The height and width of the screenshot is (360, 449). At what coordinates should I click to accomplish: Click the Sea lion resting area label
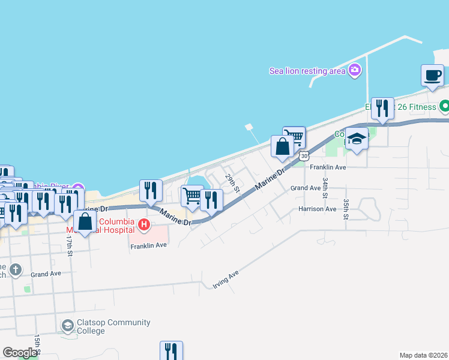[x=307, y=71]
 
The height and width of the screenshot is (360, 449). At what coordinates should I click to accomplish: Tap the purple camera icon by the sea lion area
[x=355, y=70]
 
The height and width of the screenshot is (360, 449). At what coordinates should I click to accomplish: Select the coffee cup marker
[x=433, y=76]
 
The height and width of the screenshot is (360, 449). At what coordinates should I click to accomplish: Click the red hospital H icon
[x=143, y=226]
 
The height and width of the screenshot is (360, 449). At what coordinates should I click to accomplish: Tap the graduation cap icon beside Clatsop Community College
[x=68, y=326]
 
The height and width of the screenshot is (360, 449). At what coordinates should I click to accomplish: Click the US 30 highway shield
[x=305, y=156]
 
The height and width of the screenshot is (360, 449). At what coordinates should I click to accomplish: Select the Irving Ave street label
[x=226, y=280]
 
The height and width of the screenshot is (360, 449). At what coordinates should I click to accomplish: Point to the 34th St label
[x=325, y=187]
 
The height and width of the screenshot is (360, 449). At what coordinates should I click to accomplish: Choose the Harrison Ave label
[x=318, y=209]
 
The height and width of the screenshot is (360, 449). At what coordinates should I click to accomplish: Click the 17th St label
[x=70, y=245]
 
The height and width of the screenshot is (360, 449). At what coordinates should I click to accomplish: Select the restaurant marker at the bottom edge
[x=171, y=351]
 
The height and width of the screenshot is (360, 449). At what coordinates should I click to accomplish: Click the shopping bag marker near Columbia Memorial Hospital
[x=85, y=221]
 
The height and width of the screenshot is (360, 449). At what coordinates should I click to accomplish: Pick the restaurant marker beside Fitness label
[x=382, y=109]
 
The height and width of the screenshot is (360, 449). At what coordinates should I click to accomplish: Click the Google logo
[x=20, y=353]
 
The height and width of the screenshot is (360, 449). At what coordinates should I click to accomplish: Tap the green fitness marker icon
[x=444, y=107]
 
